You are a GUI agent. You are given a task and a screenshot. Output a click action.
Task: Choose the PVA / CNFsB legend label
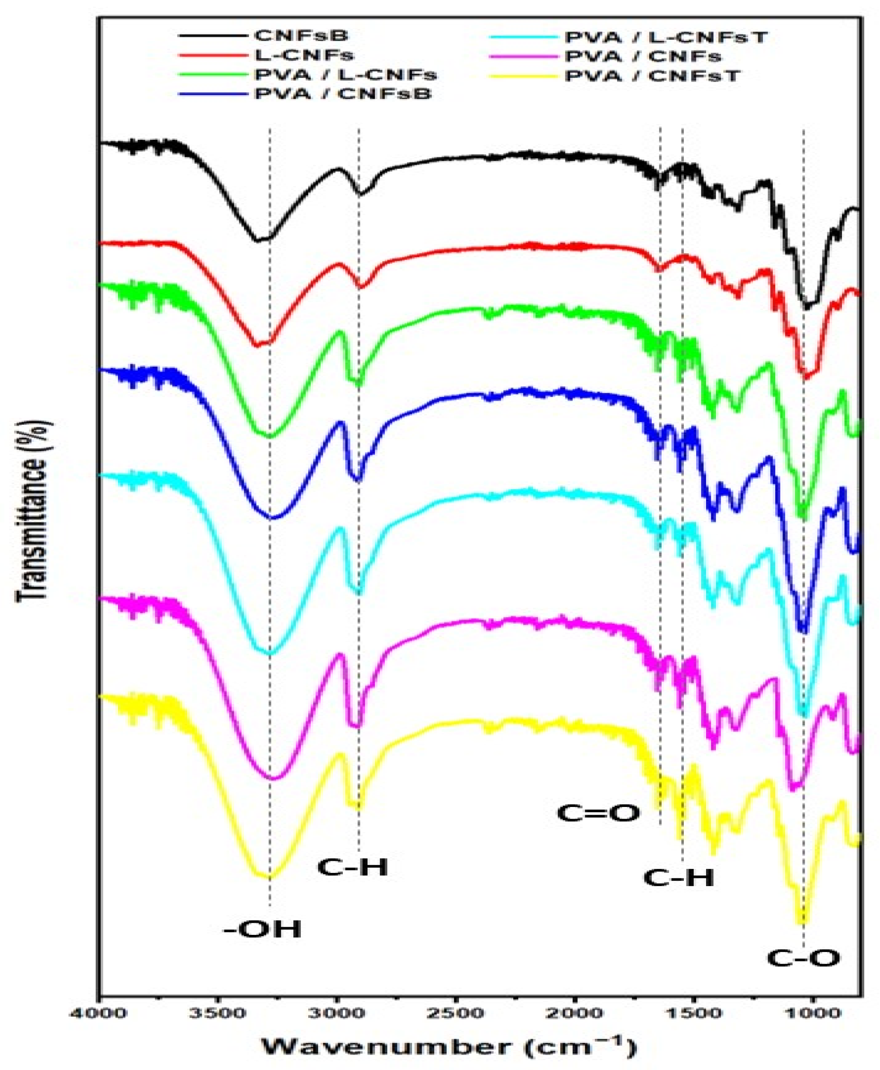click(x=343, y=95)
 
